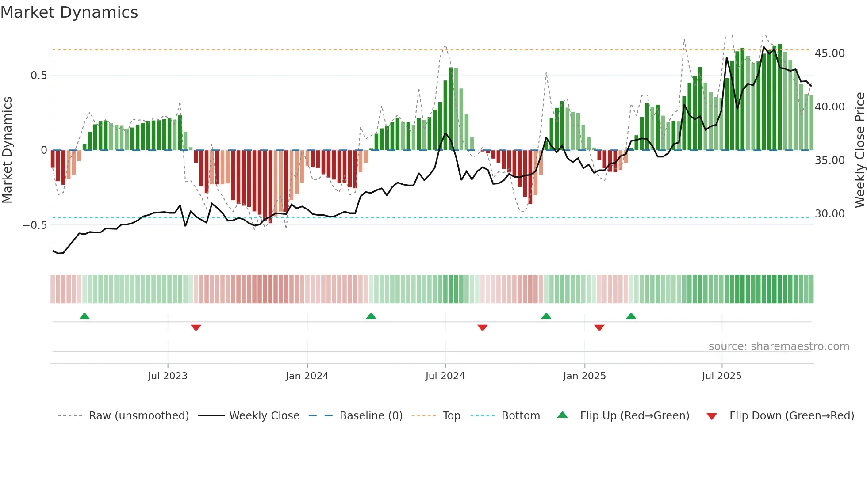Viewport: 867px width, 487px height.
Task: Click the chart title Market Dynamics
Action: [69, 12]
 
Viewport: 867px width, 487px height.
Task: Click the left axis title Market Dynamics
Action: [8, 150]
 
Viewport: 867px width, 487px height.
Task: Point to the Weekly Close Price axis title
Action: [859, 150]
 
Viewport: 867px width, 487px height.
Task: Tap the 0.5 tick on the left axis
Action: [38, 76]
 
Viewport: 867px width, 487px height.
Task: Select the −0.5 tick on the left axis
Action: [35, 225]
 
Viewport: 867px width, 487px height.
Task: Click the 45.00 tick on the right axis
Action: [829, 53]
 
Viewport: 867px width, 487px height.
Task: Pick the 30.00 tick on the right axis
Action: [829, 214]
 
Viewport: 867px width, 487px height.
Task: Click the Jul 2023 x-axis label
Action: [168, 376]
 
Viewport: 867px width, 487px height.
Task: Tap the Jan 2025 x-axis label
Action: [584, 376]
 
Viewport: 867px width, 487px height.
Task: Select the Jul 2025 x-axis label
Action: [721, 376]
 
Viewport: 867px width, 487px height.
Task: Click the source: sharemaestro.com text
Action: [779, 346]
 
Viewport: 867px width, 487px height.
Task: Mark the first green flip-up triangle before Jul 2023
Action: [84, 316]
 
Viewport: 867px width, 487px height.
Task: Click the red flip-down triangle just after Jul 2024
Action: [483, 327]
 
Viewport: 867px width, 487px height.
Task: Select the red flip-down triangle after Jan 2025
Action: [599, 327]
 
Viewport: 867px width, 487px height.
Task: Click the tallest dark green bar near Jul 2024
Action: [451, 110]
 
